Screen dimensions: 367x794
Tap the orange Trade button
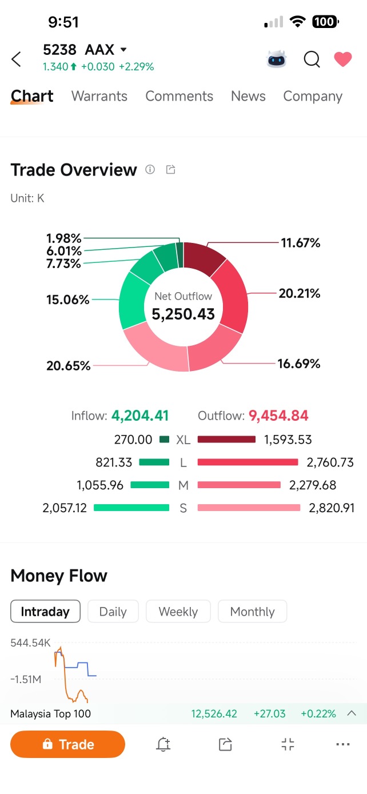(67, 744)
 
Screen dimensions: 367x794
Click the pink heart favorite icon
(343, 59)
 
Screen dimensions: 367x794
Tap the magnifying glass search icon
(312, 59)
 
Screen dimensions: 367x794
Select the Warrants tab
(99, 96)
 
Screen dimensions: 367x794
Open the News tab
(248, 96)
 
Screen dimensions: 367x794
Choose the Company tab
(313, 97)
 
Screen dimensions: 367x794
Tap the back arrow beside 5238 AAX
(17, 59)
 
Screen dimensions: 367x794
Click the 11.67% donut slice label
(300, 243)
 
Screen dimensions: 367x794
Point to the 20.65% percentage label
(69, 365)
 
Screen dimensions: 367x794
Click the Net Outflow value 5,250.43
(183, 314)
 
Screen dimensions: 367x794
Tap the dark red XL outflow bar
(226, 440)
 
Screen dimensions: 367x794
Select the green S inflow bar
(131, 508)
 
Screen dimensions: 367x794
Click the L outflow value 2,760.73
(330, 462)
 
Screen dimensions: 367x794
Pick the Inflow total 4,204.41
(140, 416)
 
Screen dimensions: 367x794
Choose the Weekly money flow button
(178, 611)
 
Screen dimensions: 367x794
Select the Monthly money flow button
(253, 611)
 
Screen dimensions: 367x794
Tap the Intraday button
(45, 611)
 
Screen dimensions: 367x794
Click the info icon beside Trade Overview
(150, 169)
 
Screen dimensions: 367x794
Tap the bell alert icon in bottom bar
(163, 744)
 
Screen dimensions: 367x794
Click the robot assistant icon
(277, 59)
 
